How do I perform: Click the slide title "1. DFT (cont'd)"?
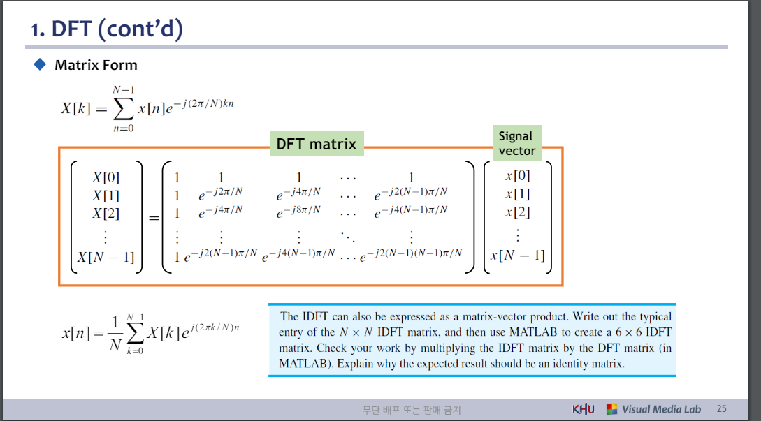pyautogui.click(x=106, y=29)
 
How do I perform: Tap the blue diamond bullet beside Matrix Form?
pyautogui.click(x=39, y=65)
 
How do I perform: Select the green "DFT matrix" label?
pyautogui.click(x=316, y=145)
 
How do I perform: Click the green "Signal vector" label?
pyautogui.click(x=516, y=143)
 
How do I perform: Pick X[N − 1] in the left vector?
pyautogui.click(x=106, y=257)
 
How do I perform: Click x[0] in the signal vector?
pyautogui.click(x=517, y=176)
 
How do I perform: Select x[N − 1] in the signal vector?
pyautogui.click(x=517, y=255)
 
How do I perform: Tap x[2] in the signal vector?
pyautogui.click(x=517, y=212)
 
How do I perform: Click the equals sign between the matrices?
pyautogui.click(x=154, y=218)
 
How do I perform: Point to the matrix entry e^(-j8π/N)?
pyautogui.click(x=298, y=210)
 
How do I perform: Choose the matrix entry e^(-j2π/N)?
pyautogui.click(x=220, y=192)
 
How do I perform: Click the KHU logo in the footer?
pyautogui.click(x=584, y=409)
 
